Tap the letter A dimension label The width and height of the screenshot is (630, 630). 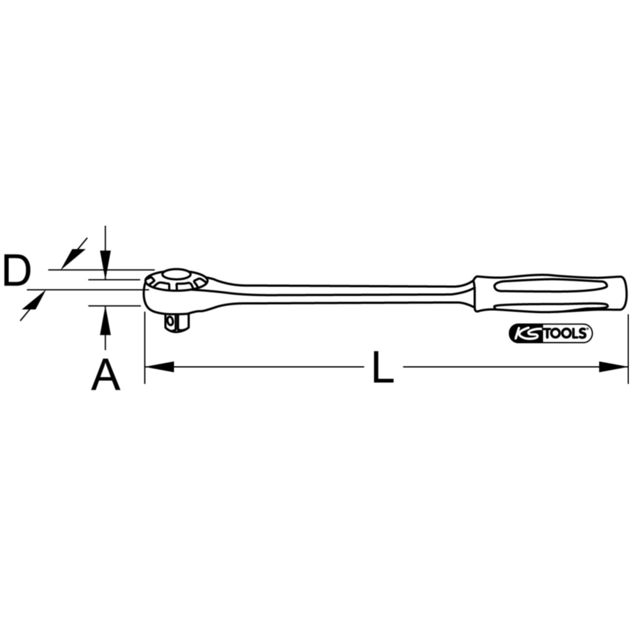click(106, 375)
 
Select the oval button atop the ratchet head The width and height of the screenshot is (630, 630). click(176, 275)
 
